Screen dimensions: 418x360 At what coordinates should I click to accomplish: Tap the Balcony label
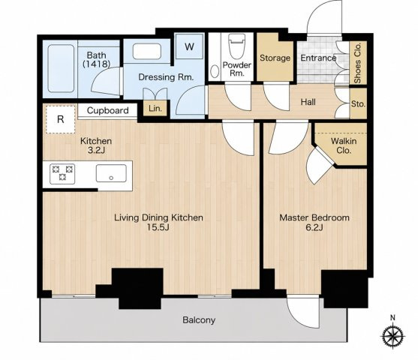[x=199, y=319]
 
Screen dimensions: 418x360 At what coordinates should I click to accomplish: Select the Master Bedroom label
[x=314, y=217]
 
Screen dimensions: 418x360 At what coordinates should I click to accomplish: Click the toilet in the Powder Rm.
[x=236, y=47]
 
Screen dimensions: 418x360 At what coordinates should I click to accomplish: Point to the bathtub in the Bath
[x=61, y=68]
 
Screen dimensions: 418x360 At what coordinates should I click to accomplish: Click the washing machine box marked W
[x=189, y=47]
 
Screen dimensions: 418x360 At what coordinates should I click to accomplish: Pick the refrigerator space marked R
[x=61, y=119]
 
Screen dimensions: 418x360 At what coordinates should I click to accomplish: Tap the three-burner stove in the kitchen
[x=62, y=174]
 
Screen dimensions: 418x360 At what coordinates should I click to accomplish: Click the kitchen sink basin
[x=111, y=173]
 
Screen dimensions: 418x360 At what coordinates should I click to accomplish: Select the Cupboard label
[x=108, y=110]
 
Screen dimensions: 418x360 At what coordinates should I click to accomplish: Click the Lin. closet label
[x=155, y=109]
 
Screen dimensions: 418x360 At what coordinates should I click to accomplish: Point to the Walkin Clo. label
[x=344, y=145]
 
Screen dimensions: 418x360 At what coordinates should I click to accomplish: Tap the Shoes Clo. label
[x=357, y=63]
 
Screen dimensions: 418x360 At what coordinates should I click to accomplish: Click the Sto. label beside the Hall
[x=358, y=104]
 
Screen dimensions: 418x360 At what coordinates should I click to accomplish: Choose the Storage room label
[x=275, y=58]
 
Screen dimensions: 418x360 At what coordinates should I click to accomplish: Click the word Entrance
[x=318, y=58]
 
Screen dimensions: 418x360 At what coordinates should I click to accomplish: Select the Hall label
[x=308, y=102]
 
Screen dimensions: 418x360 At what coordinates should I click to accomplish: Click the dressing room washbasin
[x=147, y=52]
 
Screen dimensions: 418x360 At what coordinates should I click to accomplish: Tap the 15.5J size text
[x=158, y=227]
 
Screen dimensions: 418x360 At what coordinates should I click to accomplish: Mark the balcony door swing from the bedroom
[x=303, y=312]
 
